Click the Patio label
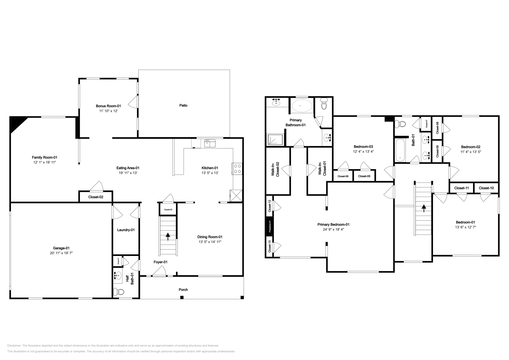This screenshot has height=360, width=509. pyautogui.click(x=183, y=105)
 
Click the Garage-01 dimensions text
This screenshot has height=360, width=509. pyautogui.click(x=61, y=253)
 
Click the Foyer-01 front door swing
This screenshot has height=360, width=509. pyautogui.click(x=159, y=271)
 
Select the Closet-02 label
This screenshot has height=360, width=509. pyautogui.click(x=96, y=197)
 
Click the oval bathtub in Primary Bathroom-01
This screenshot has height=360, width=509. pyautogui.click(x=302, y=105)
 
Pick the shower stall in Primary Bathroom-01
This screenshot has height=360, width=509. pyautogui.click(x=275, y=139)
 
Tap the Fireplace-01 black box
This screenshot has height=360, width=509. pyautogui.click(x=270, y=226)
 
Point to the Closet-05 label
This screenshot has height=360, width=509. pyautogui.click(x=364, y=176)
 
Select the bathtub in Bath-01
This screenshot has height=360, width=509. pyautogui.click(x=400, y=149)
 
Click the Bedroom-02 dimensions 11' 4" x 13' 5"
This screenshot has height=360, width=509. pyautogui.click(x=471, y=152)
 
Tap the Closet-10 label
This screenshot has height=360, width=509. pyautogui.click(x=486, y=188)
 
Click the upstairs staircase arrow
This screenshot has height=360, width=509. pyautogui.click(x=423, y=208)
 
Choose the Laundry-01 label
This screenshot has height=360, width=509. pyautogui.click(x=126, y=230)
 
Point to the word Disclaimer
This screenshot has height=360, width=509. pyautogui.click(x=14, y=345)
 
